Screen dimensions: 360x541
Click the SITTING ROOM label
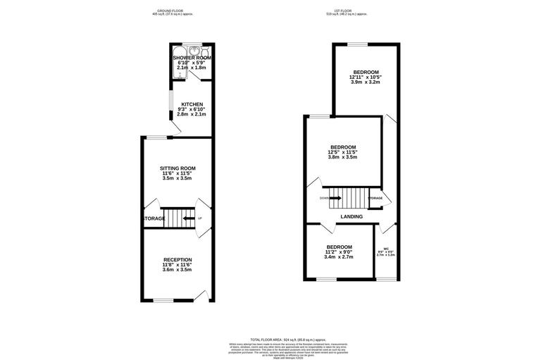coord(178,168)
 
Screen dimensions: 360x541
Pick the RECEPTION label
coord(178,260)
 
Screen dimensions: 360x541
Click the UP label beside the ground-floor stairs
coord(200,219)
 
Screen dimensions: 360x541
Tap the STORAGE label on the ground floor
coord(154,219)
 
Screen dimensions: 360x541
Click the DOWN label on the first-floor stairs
coord(323,198)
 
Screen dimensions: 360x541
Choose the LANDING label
coord(352,217)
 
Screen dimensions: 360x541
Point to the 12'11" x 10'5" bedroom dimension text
coord(366,77)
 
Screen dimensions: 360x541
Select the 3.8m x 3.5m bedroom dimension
coord(343,157)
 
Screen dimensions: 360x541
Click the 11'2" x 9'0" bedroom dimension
coord(339,252)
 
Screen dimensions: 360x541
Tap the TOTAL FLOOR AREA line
coord(270,340)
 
